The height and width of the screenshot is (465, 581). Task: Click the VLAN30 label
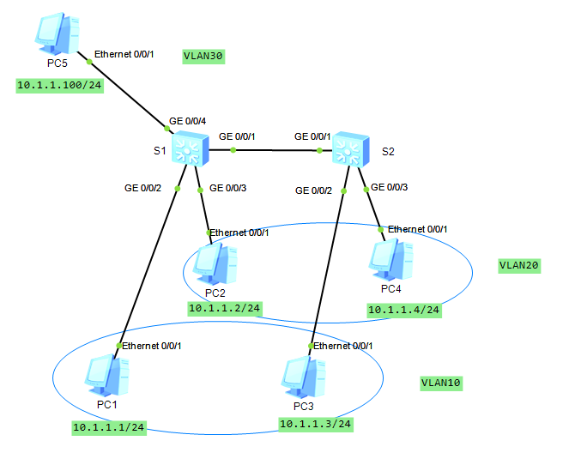point(203,57)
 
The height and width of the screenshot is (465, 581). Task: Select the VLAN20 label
point(519,265)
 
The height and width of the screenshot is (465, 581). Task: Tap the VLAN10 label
point(440,383)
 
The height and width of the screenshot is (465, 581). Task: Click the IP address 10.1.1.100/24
point(59,87)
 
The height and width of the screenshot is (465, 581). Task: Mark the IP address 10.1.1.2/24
point(224,308)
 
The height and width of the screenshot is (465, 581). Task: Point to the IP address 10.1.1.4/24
point(403,310)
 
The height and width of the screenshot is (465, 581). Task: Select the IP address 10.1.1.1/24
point(108,426)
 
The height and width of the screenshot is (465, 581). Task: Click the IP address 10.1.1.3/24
point(316,424)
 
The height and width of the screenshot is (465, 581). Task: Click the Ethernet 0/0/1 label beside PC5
point(124,54)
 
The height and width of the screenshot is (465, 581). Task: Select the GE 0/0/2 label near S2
point(313,190)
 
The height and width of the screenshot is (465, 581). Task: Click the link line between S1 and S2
point(275,150)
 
